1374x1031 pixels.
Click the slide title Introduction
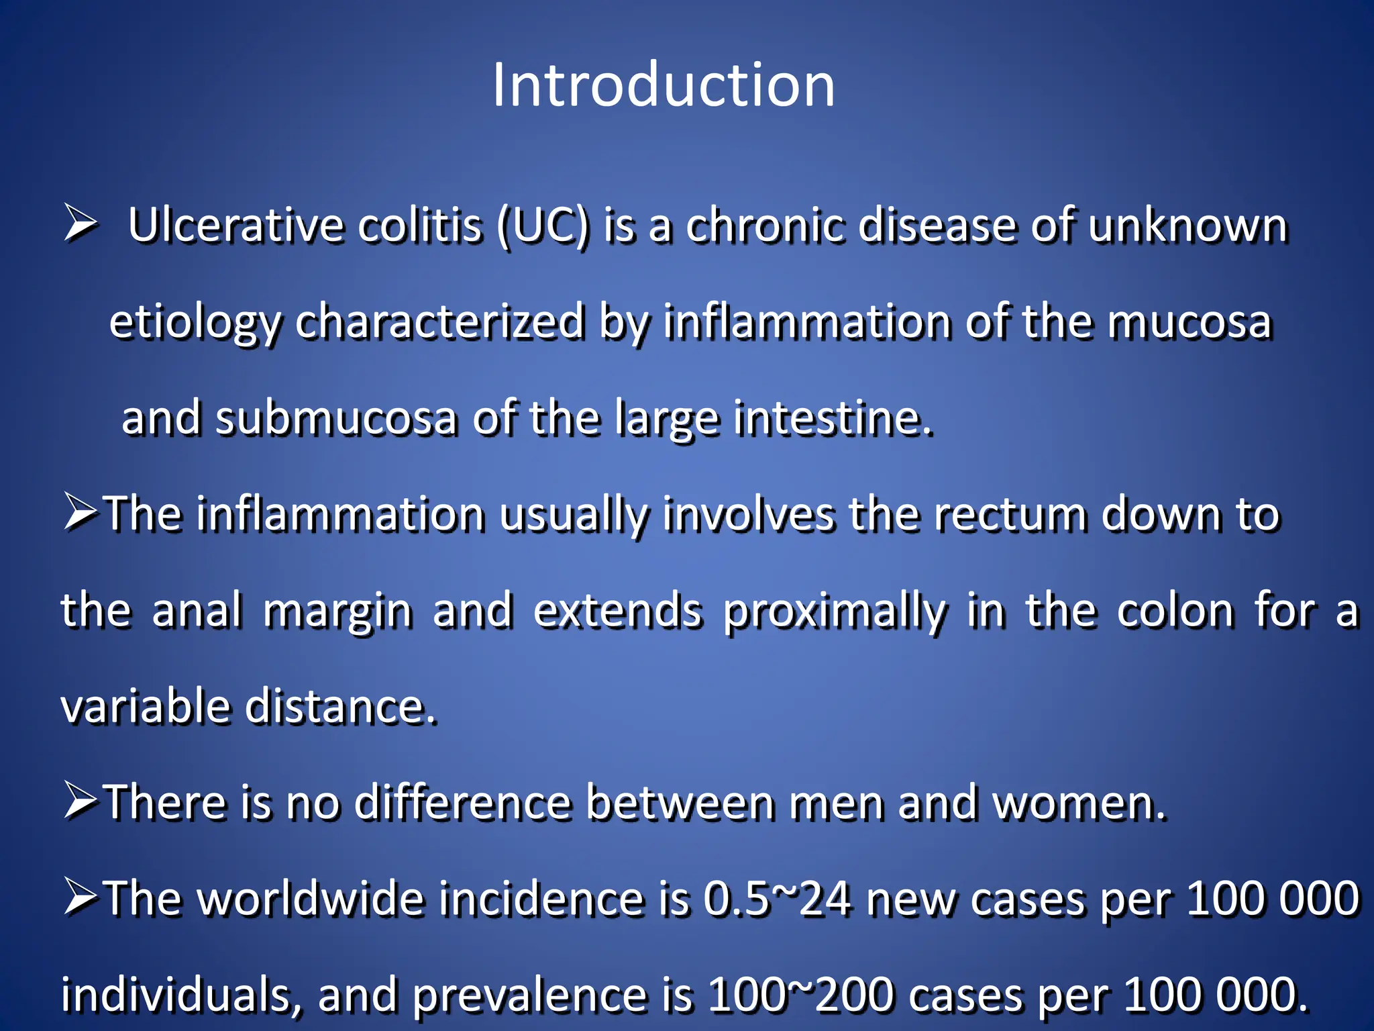[x=664, y=85]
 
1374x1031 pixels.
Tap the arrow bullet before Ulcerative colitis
[x=81, y=224]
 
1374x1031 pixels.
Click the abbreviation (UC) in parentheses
[x=543, y=226]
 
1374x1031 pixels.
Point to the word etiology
[x=194, y=322]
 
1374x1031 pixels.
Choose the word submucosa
[x=335, y=418]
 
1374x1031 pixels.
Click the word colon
[x=1175, y=611]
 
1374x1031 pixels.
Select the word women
[x=1079, y=803]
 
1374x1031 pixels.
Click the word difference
[x=462, y=803]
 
